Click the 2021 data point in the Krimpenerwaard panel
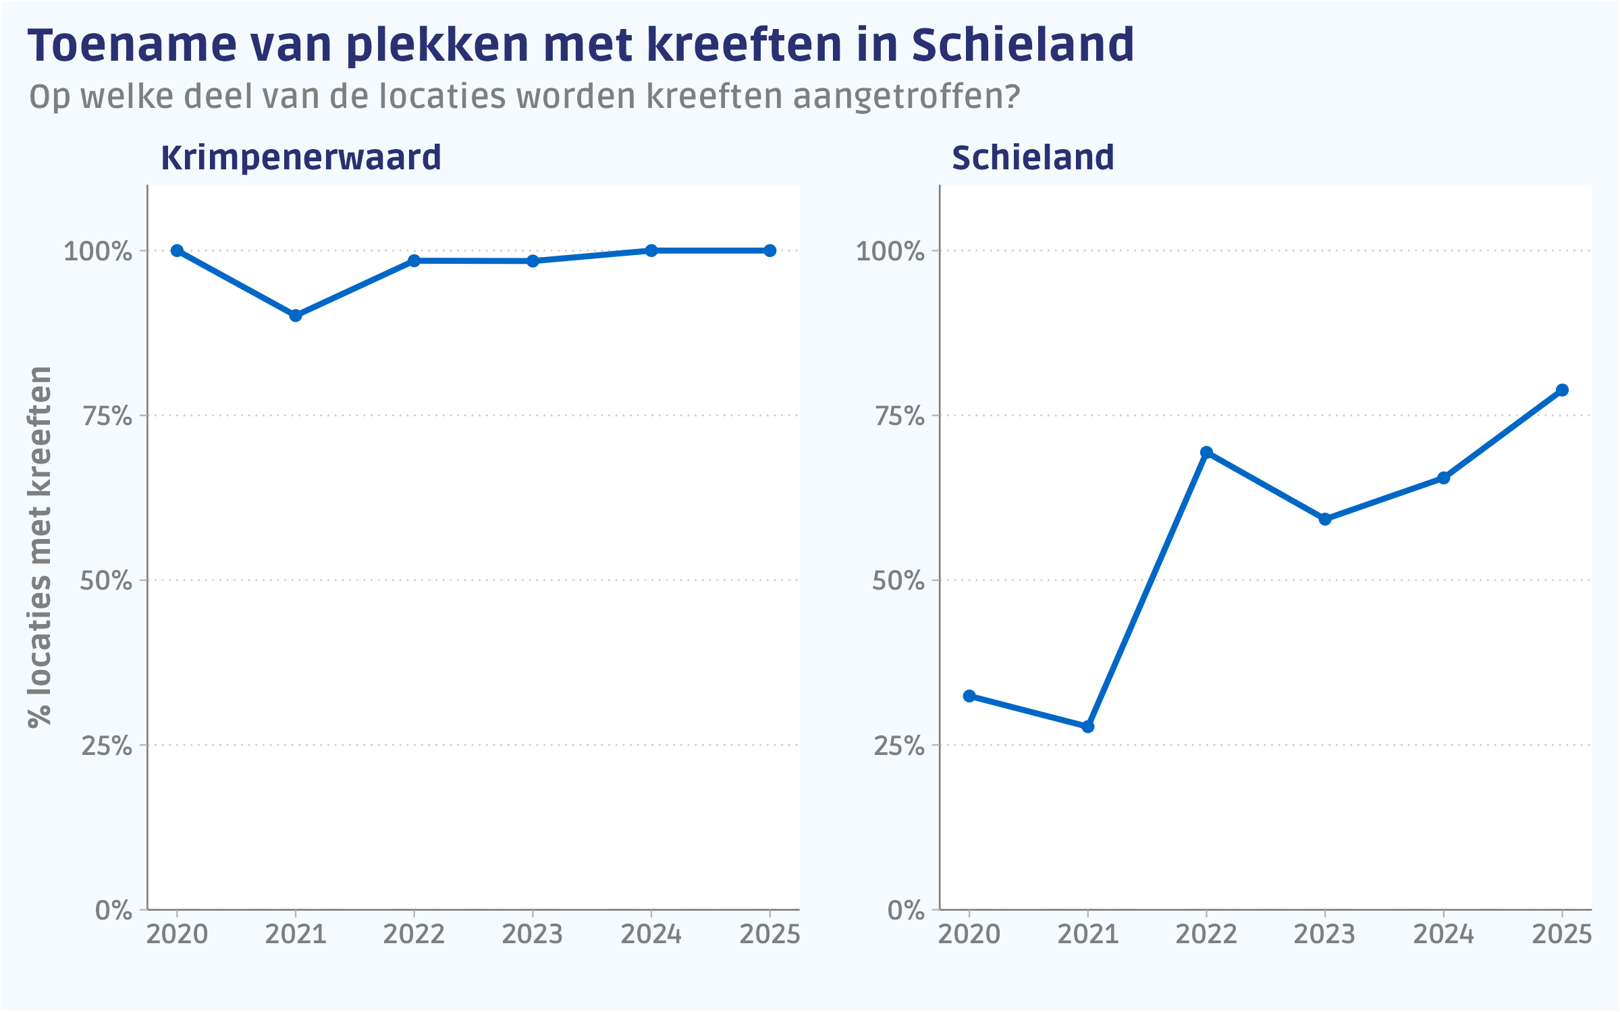pyautogui.click(x=296, y=315)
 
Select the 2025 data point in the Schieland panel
pyautogui.click(x=1562, y=390)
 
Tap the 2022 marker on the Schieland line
pyautogui.click(x=1206, y=452)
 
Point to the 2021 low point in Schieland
pyautogui.click(x=1087, y=727)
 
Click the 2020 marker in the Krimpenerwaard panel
pyautogui.click(x=177, y=250)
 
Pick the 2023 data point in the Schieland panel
pyautogui.click(x=1325, y=519)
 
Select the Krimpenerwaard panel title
pyautogui.click(x=301, y=158)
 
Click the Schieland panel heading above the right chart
pyautogui.click(x=1033, y=158)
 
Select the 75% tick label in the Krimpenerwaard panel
pyautogui.click(x=107, y=416)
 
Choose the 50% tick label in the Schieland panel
pyautogui.click(x=898, y=581)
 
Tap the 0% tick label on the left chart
pyautogui.click(x=113, y=910)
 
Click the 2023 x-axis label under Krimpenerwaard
pyautogui.click(x=533, y=934)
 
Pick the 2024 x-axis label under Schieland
pyautogui.click(x=1443, y=934)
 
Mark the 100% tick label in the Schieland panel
pyautogui.click(x=890, y=252)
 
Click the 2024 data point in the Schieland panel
pyautogui.click(x=1443, y=478)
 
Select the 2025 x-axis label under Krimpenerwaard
pyautogui.click(x=769, y=934)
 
